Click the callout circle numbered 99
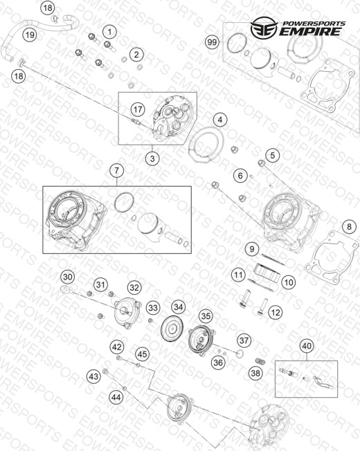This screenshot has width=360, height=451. [x=212, y=42]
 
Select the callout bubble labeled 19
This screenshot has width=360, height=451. [x=30, y=35]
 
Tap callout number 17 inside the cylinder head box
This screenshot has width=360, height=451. [x=138, y=109]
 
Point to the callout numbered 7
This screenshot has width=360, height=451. [x=116, y=171]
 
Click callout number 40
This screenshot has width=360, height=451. [x=307, y=345]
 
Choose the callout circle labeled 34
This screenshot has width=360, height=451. [x=178, y=307]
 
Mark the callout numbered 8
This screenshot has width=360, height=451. [x=349, y=227]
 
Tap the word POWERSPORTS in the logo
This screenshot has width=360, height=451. [x=314, y=24]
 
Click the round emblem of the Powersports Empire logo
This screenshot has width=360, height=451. [x=264, y=28]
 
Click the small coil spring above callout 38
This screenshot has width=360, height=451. [x=260, y=361]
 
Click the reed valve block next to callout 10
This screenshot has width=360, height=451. [x=267, y=273]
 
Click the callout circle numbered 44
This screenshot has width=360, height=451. [x=116, y=397]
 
